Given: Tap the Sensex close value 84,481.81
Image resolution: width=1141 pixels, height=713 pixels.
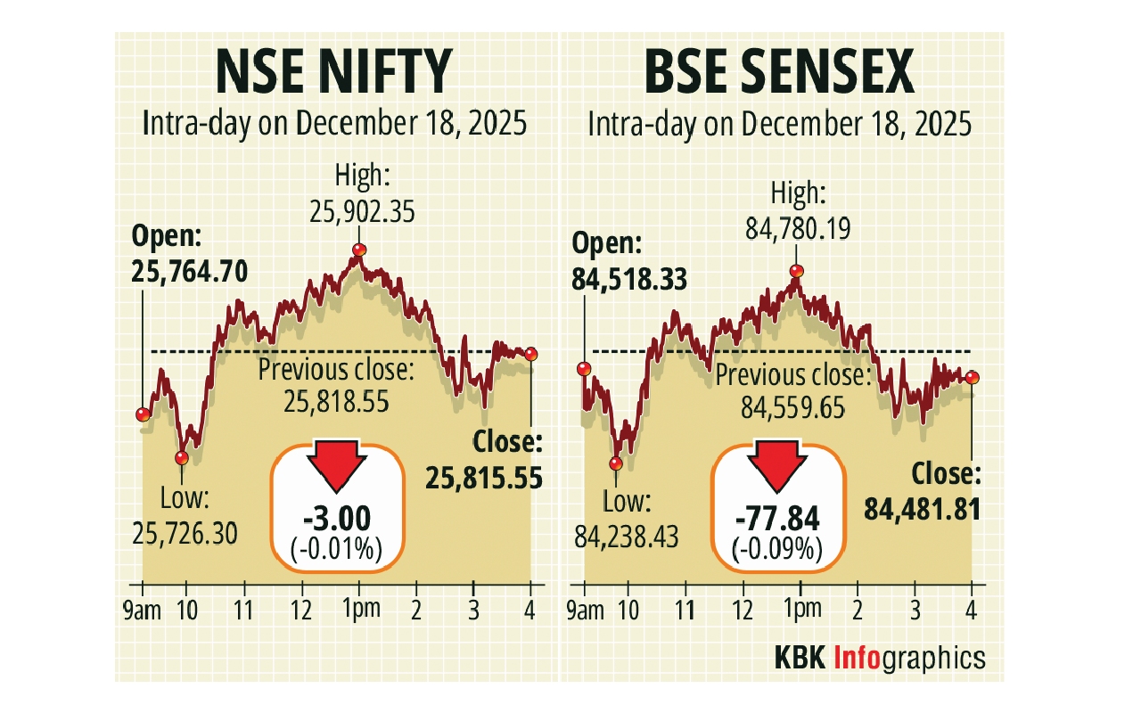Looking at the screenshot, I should [x=923, y=509].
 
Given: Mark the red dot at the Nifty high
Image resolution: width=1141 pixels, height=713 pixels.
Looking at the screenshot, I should [x=359, y=250].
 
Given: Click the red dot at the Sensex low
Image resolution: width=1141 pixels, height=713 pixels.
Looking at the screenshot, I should [x=616, y=463].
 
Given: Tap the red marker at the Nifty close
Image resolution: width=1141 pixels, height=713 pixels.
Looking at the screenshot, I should [x=531, y=354].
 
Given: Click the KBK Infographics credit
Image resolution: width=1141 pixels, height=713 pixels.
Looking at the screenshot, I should [x=878, y=658].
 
